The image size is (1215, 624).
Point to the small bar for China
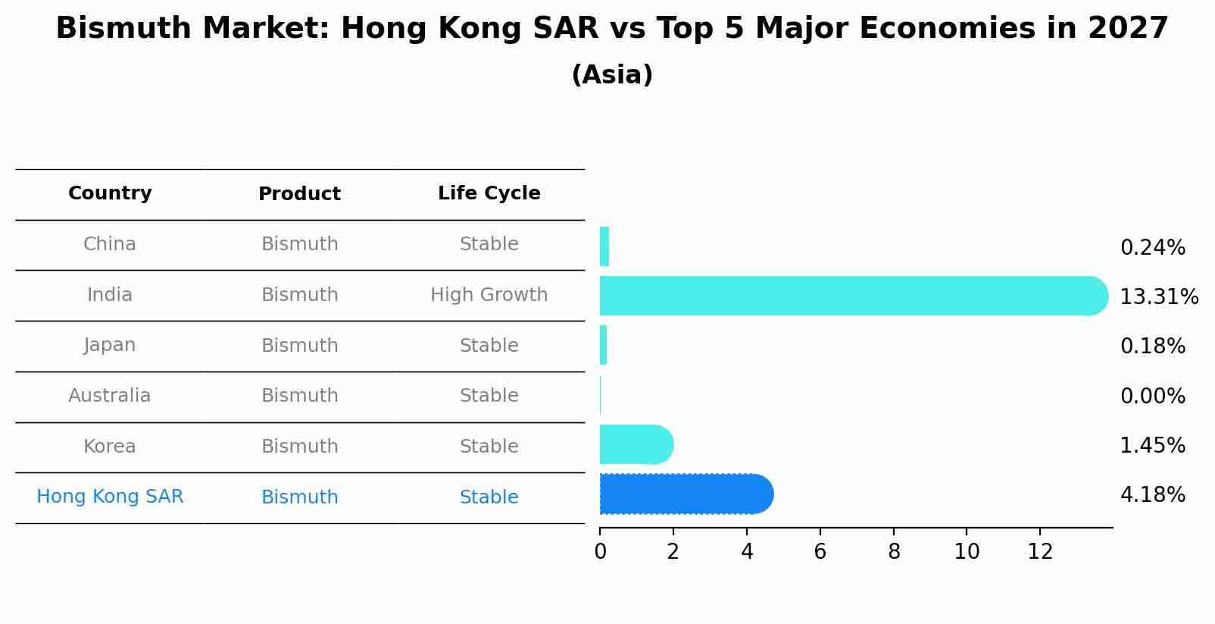(x=604, y=246)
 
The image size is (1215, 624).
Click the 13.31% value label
(x=1158, y=296)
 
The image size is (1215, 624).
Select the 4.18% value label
(x=1152, y=495)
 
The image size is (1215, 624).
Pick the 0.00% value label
(x=1152, y=396)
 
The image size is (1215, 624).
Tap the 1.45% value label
(x=1152, y=445)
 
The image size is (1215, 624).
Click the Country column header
(x=110, y=193)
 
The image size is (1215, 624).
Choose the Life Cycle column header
(x=489, y=193)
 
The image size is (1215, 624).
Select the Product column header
(x=299, y=194)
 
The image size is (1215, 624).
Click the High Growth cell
(x=489, y=295)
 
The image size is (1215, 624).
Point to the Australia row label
(x=110, y=396)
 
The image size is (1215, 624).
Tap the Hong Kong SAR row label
(x=110, y=497)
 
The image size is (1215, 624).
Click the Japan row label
(x=110, y=345)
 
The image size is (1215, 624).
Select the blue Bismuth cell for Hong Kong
(x=299, y=497)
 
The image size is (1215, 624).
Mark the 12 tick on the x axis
(x=1040, y=551)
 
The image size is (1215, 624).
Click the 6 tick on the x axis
(x=820, y=551)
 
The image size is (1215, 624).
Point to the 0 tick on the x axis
(x=600, y=551)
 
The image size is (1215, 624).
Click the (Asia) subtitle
(x=612, y=75)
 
